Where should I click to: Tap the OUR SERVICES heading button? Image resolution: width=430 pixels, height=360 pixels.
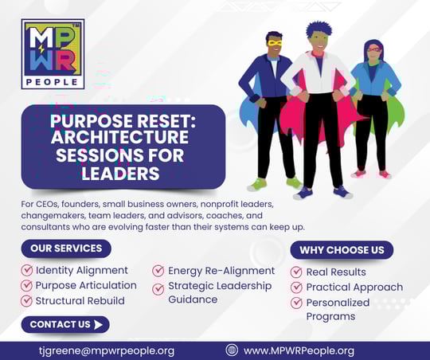(66, 248)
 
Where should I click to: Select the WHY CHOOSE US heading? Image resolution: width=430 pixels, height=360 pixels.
(342, 250)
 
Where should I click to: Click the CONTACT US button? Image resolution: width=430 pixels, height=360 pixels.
(65, 324)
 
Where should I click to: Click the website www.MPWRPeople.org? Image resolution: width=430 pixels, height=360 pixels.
(299, 350)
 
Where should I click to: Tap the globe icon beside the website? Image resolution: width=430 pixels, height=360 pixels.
(232, 350)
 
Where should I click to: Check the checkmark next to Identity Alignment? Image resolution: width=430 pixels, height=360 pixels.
(27, 271)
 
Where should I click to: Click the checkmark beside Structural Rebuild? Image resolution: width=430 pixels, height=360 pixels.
(27, 301)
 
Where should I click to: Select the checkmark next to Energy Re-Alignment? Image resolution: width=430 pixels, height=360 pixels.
(159, 271)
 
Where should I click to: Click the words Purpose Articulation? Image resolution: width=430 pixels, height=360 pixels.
(85, 286)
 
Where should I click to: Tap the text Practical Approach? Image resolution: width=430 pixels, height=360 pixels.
(354, 288)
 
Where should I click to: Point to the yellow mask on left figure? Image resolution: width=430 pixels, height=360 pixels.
(276, 43)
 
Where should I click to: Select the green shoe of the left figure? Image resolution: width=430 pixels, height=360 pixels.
(256, 184)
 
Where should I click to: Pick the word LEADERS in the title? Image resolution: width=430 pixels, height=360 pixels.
(124, 173)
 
